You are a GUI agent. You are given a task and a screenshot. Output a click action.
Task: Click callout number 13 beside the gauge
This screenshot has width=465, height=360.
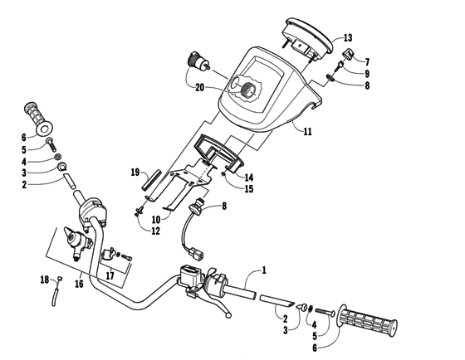pos(348,38)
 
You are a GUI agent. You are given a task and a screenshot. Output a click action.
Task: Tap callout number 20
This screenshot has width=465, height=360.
pos(199,86)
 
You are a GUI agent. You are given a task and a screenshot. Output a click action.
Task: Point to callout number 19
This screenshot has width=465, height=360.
pos(135,173)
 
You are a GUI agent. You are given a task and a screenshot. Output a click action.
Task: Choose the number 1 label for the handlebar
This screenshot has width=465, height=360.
pos(264,269)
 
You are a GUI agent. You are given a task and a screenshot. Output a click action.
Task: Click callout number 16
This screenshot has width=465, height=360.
pos(80,283)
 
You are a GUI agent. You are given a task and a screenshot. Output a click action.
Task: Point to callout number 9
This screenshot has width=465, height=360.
pos(366,74)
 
